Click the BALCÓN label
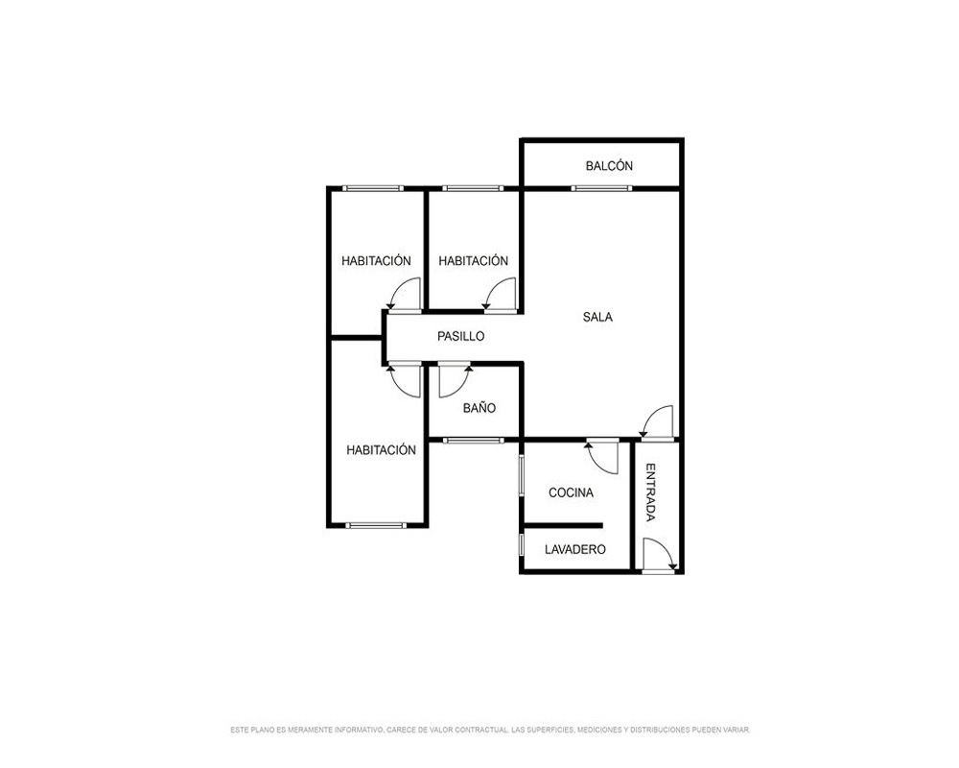[x=609, y=165]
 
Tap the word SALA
[x=597, y=317]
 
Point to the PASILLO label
[x=460, y=336]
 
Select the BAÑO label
[x=479, y=407]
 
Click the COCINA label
[x=571, y=492]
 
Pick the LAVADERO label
[x=574, y=549]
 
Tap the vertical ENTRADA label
[x=651, y=492]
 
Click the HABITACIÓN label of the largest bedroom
[x=381, y=449]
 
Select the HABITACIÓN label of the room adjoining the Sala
[x=473, y=260]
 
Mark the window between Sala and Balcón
[x=600, y=188]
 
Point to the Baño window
[x=474, y=440]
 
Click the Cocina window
[x=522, y=475]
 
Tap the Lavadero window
[x=522, y=545]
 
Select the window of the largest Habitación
[x=376, y=525]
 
